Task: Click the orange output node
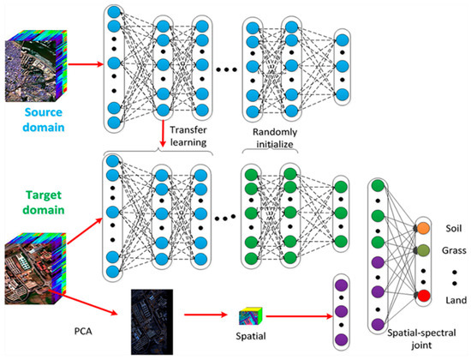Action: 423,230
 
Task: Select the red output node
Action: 423,297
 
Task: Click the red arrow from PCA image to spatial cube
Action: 206,318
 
